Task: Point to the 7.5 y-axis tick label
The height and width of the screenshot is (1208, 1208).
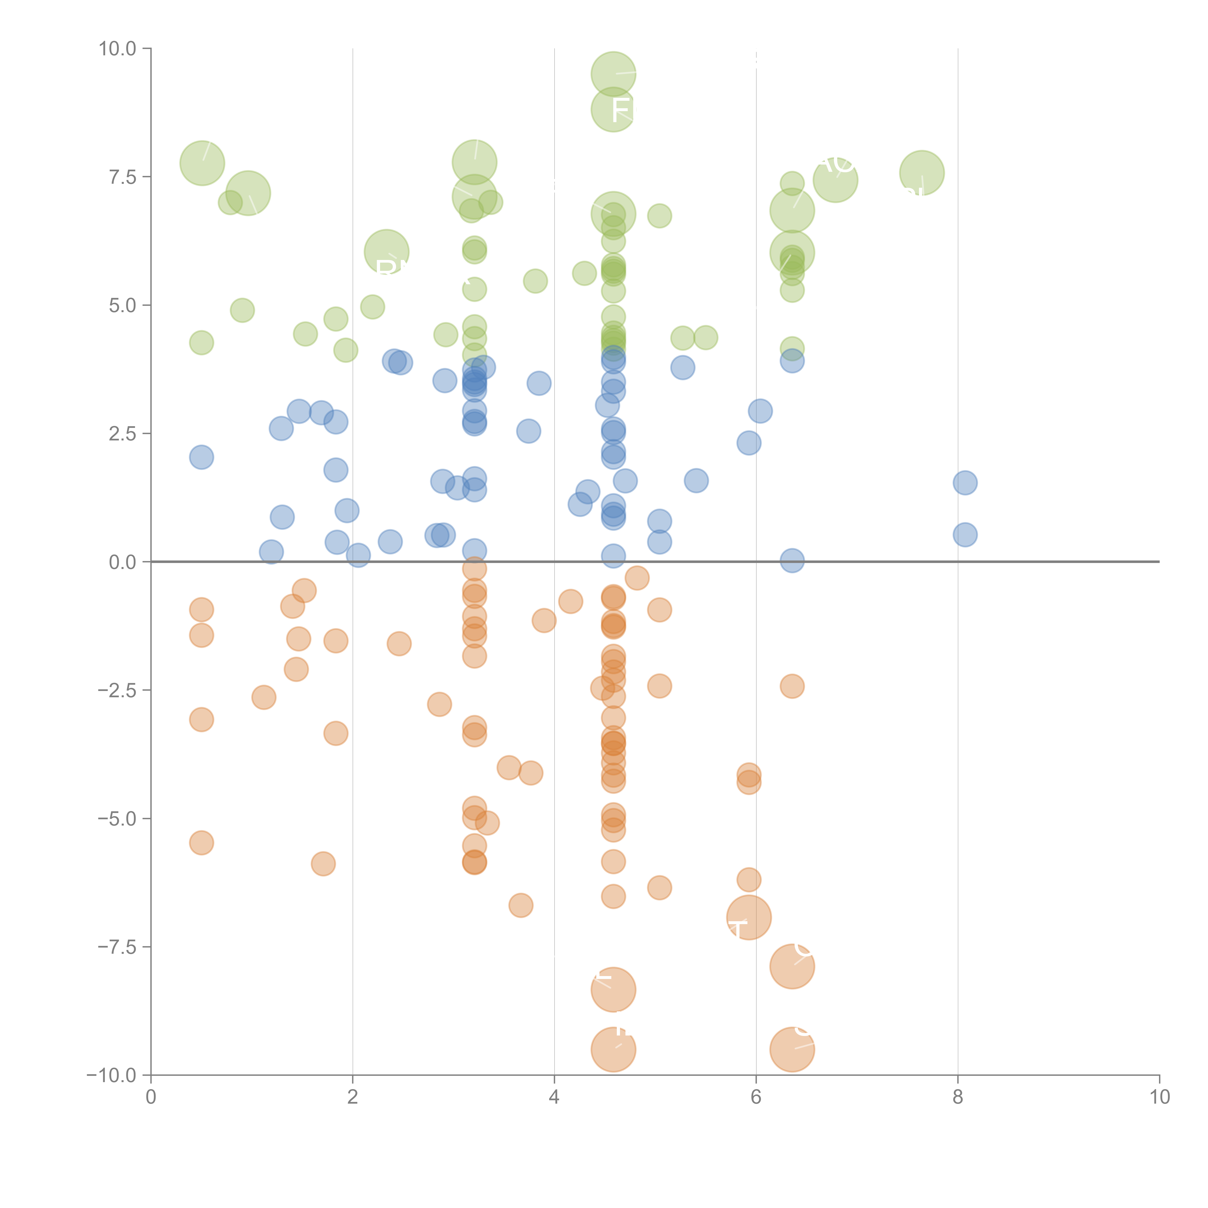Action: tap(122, 177)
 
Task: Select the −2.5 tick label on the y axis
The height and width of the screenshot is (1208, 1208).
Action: tap(117, 690)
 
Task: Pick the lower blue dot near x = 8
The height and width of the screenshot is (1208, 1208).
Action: tap(965, 535)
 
